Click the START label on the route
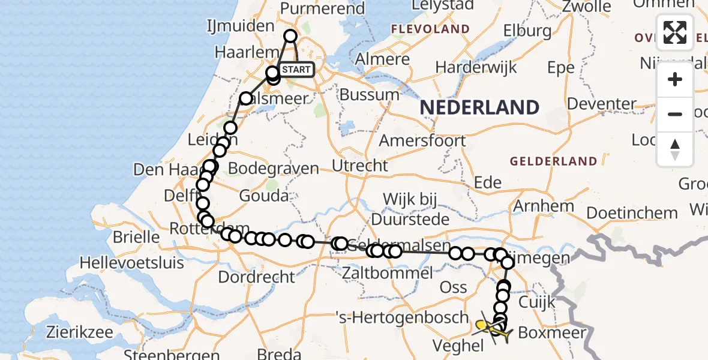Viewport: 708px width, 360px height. point(296,70)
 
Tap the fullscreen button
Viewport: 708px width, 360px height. point(675,32)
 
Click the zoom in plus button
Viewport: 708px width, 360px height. point(675,79)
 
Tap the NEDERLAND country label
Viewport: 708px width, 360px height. point(479,108)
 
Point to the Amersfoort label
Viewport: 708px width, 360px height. point(422,141)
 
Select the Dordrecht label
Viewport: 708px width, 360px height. point(257,277)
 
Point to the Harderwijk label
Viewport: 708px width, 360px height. point(476,67)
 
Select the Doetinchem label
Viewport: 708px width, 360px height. point(632,213)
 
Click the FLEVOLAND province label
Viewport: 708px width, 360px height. point(430,29)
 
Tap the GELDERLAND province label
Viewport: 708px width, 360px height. point(553,161)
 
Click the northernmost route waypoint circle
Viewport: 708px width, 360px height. point(290,36)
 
